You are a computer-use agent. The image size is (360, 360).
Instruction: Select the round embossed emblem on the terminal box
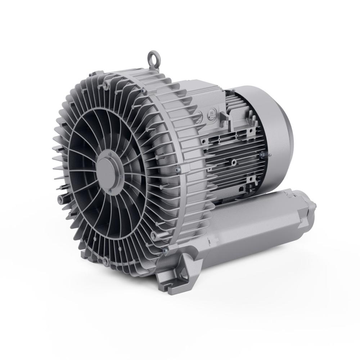point(211,114)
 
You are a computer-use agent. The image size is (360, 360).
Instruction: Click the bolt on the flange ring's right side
point(177,168)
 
